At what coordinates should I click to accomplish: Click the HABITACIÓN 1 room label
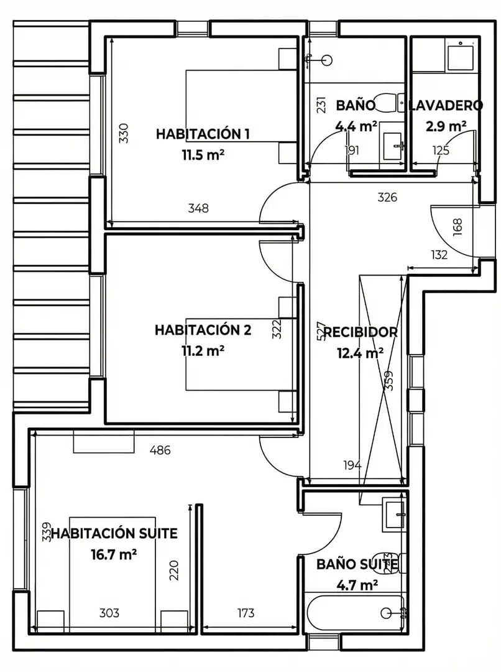coord(203,134)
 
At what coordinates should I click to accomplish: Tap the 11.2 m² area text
coord(203,351)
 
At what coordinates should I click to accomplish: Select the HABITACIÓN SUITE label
coord(114,534)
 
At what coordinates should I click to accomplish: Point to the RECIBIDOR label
coord(360,332)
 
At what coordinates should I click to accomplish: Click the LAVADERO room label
coord(446,105)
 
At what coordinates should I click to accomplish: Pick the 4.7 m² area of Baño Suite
coord(357,585)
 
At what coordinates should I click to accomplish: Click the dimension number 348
coord(198,208)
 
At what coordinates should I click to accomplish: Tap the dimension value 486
coord(160,450)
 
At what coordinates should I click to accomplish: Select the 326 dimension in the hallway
coord(387,197)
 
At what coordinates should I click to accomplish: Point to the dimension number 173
coord(246,613)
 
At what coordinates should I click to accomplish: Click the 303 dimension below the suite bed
coord(109,613)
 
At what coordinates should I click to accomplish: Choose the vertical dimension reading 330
coord(123,133)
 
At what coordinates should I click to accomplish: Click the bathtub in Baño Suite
coord(356,614)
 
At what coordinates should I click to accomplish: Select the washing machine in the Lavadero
coord(459,55)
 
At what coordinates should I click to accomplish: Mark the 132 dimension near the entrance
coord(439,254)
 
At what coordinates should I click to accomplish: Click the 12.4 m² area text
coord(360,353)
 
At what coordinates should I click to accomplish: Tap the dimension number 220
coord(174,571)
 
